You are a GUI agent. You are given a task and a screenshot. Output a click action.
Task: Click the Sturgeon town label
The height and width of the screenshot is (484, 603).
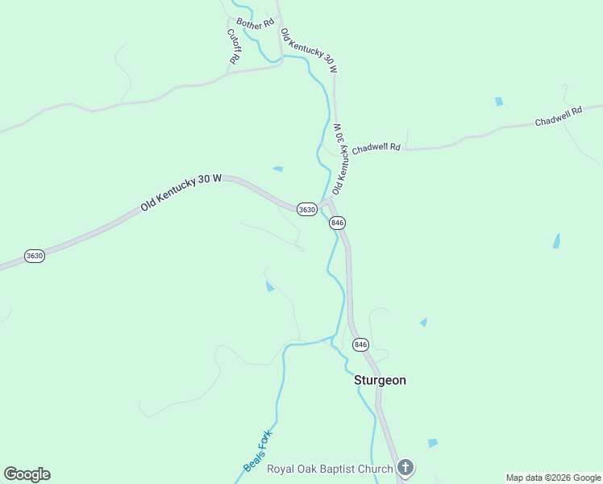tap(381, 380)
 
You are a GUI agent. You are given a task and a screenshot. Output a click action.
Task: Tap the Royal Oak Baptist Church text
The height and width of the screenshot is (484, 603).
tap(329, 469)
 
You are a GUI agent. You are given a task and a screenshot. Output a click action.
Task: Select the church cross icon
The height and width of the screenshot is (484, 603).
tap(405, 468)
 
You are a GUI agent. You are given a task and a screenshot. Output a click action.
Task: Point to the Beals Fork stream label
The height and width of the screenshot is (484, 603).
tap(259, 451)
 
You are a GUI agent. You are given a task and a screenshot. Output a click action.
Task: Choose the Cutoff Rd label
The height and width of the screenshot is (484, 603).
tap(234, 47)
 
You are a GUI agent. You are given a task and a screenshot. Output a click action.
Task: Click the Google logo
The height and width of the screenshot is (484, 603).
tap(27, 474)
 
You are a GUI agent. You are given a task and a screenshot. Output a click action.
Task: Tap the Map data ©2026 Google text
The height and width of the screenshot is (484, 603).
tap(553, 478)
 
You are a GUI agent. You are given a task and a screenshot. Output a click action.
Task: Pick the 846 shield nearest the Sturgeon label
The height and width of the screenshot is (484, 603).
tap(360, 344)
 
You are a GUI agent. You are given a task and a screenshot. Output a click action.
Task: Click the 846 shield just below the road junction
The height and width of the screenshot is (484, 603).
tap(337, 223)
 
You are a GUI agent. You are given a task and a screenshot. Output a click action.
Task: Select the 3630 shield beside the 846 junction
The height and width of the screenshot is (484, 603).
tap(306, 209)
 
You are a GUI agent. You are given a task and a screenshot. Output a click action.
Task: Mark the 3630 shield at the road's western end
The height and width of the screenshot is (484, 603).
tap(34, 256)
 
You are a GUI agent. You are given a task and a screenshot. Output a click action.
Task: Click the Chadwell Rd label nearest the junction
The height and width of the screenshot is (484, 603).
tap(376, 148)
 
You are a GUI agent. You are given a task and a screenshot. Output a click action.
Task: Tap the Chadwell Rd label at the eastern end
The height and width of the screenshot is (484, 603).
tap(558, 117)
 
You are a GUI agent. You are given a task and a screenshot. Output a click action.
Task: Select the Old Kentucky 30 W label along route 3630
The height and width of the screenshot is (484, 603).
tap(181, 194)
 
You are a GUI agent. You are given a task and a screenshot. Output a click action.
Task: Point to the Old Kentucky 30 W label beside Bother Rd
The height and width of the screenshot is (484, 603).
tap(308, 51)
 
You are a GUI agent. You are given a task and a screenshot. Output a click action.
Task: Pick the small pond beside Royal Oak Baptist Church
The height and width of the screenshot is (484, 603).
tap(433, 443)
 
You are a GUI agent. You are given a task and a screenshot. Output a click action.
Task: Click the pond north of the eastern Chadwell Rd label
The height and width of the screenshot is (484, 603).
tap(499, 102)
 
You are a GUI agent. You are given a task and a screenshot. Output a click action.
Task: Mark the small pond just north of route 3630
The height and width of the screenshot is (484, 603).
tap(278, 169)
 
